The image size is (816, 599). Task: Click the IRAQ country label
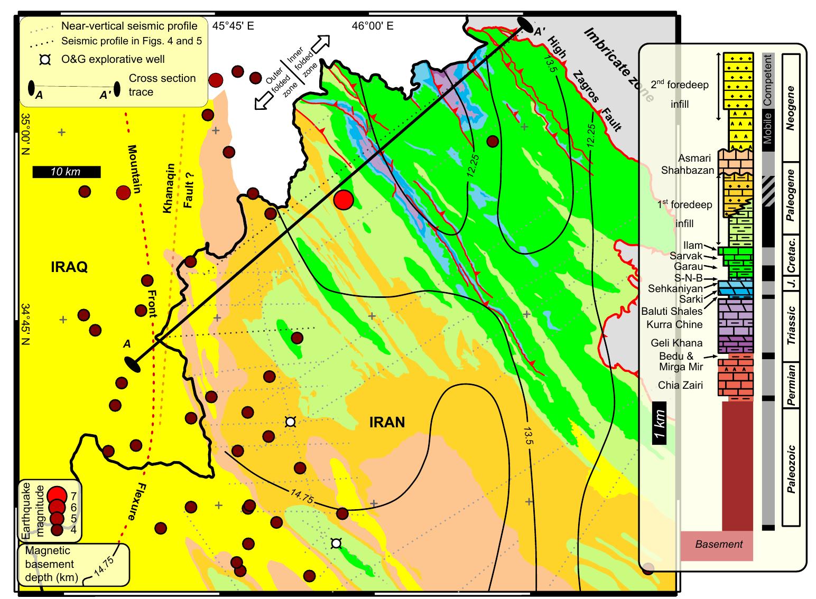click(69, 267)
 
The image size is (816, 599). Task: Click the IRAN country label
click(387, 423)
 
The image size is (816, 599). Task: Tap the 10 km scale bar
click(66, 172)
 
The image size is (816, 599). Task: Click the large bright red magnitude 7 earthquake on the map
click(344, 200)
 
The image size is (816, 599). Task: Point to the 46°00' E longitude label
click(373, 25)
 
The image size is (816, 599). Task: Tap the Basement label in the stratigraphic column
click(719, 545)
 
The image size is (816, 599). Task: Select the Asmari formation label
click(699, 158)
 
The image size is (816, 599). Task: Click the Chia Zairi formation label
click(680, 385)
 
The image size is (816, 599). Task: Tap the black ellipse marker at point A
click(132, 363)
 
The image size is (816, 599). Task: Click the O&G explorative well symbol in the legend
click(45, 60)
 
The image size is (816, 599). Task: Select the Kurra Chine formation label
click(674, 324)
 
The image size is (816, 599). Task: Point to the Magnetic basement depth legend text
click(48, 564)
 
